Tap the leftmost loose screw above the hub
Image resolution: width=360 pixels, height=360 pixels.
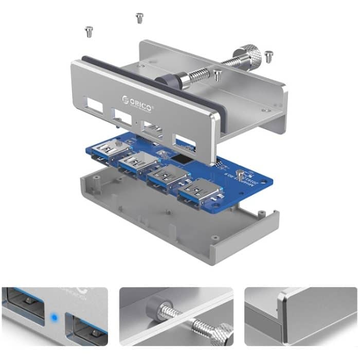[88, 32]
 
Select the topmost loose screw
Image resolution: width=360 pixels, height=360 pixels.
[139, 18]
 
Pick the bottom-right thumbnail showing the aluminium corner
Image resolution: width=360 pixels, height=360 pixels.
[300, 316]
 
